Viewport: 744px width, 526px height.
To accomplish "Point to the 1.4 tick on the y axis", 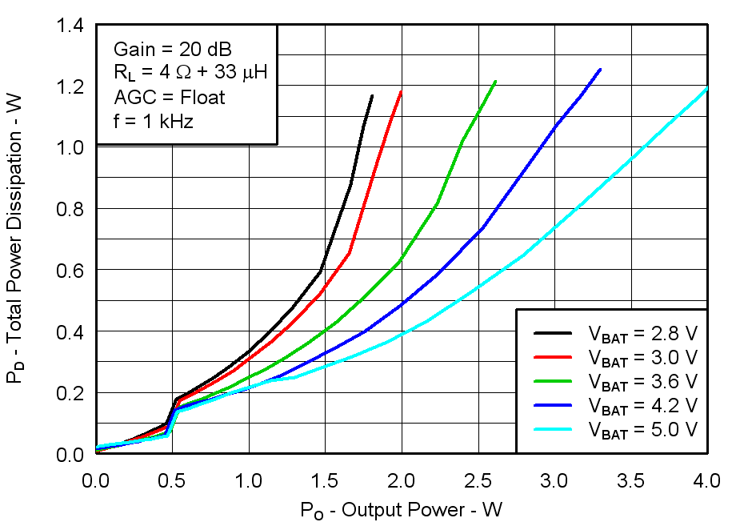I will click(x=73, y=25).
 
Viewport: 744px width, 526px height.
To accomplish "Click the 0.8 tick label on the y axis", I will click(x=73, y=208).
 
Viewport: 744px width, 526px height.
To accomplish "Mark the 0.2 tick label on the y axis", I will click(x=73, y=393).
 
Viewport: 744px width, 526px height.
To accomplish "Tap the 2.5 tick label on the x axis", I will click(x=478, y=480).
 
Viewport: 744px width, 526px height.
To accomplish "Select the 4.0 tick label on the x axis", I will click(x=706, y=480).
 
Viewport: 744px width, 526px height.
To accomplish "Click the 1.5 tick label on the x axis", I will click(x=325, y=480).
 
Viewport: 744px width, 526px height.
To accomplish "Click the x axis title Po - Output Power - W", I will click(x=401, y=510).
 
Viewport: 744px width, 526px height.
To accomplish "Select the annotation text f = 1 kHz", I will click(x=155, y=122).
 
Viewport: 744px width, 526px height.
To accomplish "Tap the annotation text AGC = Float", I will click(x=170, y=98).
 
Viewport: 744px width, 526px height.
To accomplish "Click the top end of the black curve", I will click(x=372, y=95).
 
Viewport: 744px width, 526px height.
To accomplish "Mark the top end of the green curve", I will click(x=496, y=81).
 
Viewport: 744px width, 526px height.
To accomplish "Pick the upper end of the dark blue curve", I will click(x=600, y=70).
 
